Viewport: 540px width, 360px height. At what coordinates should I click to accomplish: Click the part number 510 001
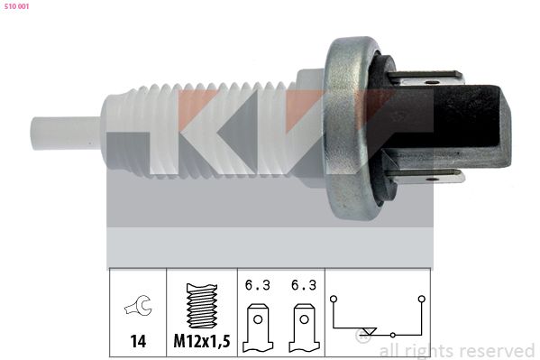pos(17,6)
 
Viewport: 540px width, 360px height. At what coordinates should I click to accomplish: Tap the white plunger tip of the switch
pos(66,134)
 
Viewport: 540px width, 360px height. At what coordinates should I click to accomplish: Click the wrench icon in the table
pos(138,306)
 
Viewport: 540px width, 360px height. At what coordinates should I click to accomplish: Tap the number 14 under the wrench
pos(138,341)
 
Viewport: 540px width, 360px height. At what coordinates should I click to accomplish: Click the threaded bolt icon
pos(202,306)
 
